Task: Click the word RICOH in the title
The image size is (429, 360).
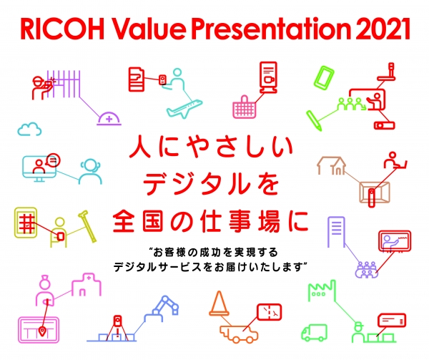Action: [x=62, y=29]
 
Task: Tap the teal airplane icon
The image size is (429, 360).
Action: [x=184, y=109]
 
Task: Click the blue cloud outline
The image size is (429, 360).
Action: [x=29, y=129]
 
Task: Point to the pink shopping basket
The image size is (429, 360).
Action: [x=245, y=107]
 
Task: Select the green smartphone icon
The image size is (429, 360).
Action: [x=324, y=77]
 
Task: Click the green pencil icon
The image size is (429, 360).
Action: [x=314, y=121]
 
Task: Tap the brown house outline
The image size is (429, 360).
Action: [x=331, y=165]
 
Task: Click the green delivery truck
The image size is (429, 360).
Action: [x=315, y=333]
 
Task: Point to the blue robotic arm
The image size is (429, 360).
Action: [x=162, y=308]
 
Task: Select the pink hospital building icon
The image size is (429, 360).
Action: [x=87, y=285]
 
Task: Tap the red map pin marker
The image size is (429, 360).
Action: [x=42, y=331]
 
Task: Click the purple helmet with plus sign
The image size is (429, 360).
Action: [x=109, y=119]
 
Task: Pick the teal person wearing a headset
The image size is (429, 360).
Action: [x=90, y=171]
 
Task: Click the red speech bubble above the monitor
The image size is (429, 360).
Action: [x=53, y=160]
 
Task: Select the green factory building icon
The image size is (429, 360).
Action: [x=322, y=291]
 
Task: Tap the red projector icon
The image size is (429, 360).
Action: [x=384, y=125]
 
